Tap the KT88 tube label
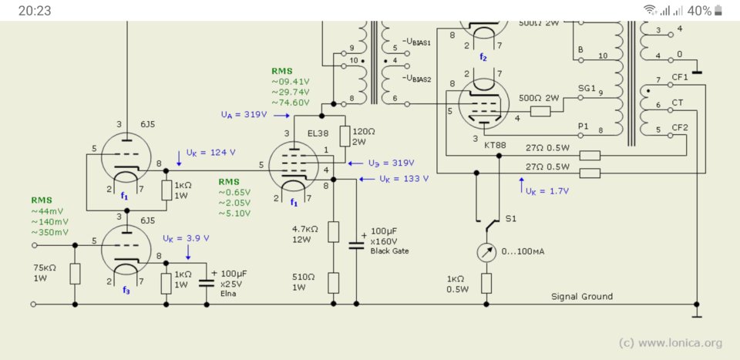(495, 146)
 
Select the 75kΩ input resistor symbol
(75, 274)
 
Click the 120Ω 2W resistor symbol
(345, 136)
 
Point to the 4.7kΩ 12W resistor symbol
(334, 232)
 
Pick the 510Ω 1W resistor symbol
(334, 283)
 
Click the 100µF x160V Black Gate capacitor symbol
(356, 244)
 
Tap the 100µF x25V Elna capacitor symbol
(207, 283)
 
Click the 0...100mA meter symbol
(486, 252)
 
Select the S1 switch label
(510, 219)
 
